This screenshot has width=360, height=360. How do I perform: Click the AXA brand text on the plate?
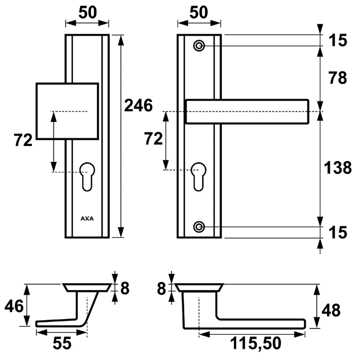click(x=87, y=218)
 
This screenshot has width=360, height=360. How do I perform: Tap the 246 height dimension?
click(x=138, y=105)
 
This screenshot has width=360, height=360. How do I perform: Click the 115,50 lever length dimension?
click(x=256, y=343)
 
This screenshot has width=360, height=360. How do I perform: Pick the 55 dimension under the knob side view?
click(x=62, y=343)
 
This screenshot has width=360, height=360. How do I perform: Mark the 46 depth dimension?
click(x=13, y=306)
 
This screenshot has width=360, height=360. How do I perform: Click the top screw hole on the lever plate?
click(x=199, y=45)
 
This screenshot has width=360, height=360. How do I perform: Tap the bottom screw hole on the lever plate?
click(x=199, y=226)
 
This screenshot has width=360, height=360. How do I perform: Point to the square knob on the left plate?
click(x=67, y=111)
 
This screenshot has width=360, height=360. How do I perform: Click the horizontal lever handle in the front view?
click(x=247, y=111)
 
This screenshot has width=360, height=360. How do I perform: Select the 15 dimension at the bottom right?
click(x=338, y=231)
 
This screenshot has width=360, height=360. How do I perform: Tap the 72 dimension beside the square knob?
click(x=24, y=141)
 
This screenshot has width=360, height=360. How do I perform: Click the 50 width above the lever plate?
click(x=199, y=12)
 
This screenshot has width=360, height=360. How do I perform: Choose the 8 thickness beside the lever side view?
click(x=162, y=288)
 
